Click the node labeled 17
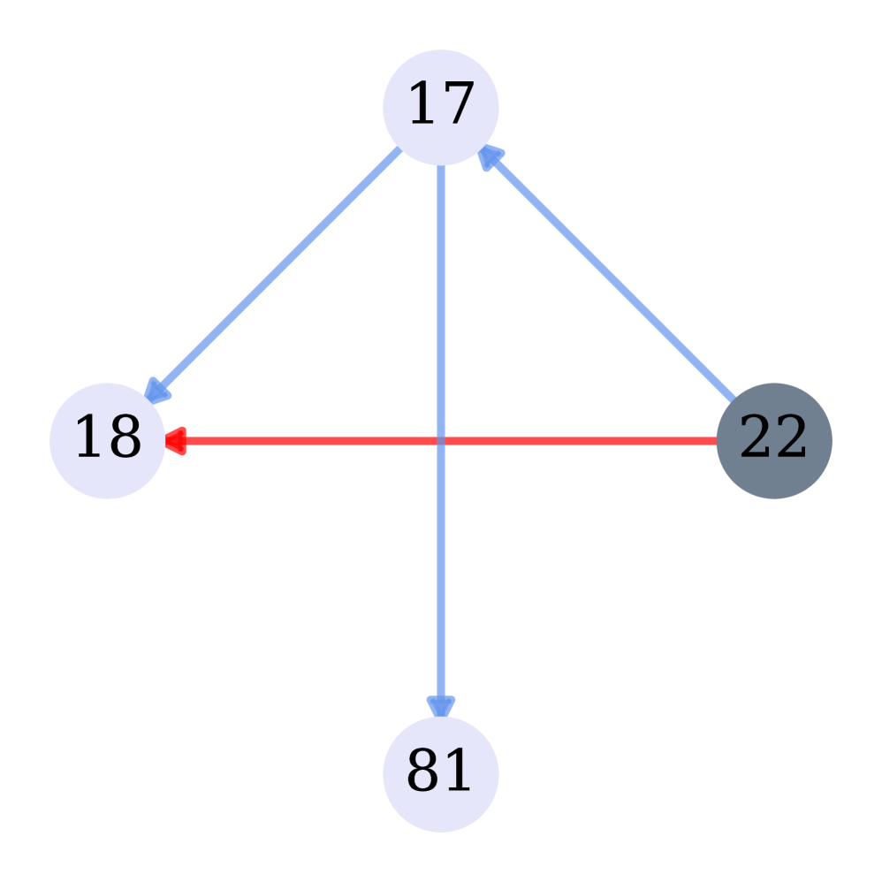point(440,107)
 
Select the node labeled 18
point(107,440)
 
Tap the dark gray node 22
point(773,440)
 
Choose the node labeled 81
point(440,773)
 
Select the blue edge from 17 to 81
point(440,574)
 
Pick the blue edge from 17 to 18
point(274,274)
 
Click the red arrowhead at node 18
point(174,440)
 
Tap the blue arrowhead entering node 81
point(440,705)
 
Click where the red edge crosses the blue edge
point(440,440)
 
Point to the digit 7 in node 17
point(458,105)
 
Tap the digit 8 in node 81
point(423,772)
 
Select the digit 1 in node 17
point(422,105)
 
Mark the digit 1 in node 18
point(89,438)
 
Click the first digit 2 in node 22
point(756,438)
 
